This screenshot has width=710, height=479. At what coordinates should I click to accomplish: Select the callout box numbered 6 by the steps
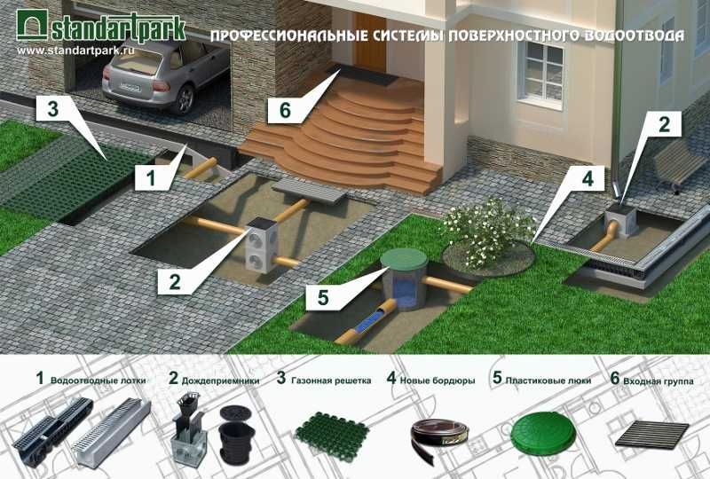click(284, 110)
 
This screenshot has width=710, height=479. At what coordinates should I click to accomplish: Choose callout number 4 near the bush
click(586, 178)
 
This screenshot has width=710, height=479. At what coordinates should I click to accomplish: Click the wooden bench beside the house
click(679, 164)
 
